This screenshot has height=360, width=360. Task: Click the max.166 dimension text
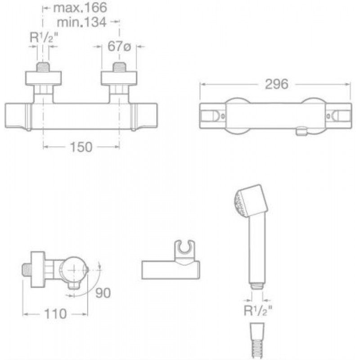point(80,8)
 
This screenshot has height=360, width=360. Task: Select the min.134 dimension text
point(81,22)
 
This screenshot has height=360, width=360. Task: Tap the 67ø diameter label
point(119,46)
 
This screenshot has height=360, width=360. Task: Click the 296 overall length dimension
point(277,84)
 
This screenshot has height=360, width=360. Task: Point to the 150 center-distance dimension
point(81,147)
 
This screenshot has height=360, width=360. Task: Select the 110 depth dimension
point(55,314)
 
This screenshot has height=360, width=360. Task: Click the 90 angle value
point(103,293)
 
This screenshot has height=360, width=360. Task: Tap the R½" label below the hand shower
point(258,310)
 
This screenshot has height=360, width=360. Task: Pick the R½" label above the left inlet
point(44,37)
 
